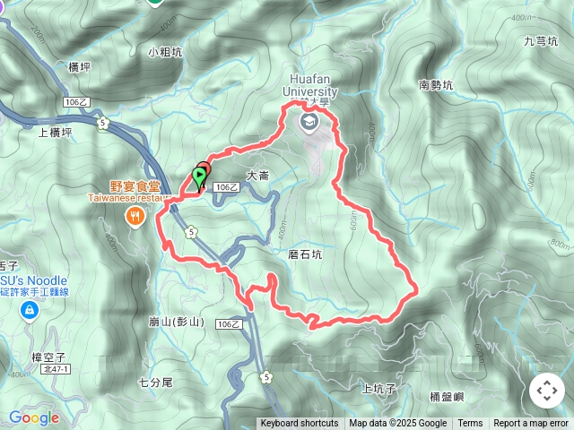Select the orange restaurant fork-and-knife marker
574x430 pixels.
pyautogui.click(x=135, y=214)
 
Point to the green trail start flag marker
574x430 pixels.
pyautogui.click(x=198, y=177)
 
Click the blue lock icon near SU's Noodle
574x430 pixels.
pyautogui.click(x=30, y=310)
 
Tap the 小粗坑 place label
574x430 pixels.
pyautogui.click(x=166, y=53)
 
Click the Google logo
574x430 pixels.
pyautogui.click(x=34, y=417)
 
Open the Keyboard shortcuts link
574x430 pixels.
pyautogui.click(x=300, y=424)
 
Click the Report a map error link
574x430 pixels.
pyautogui.click(x=531, y=424)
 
